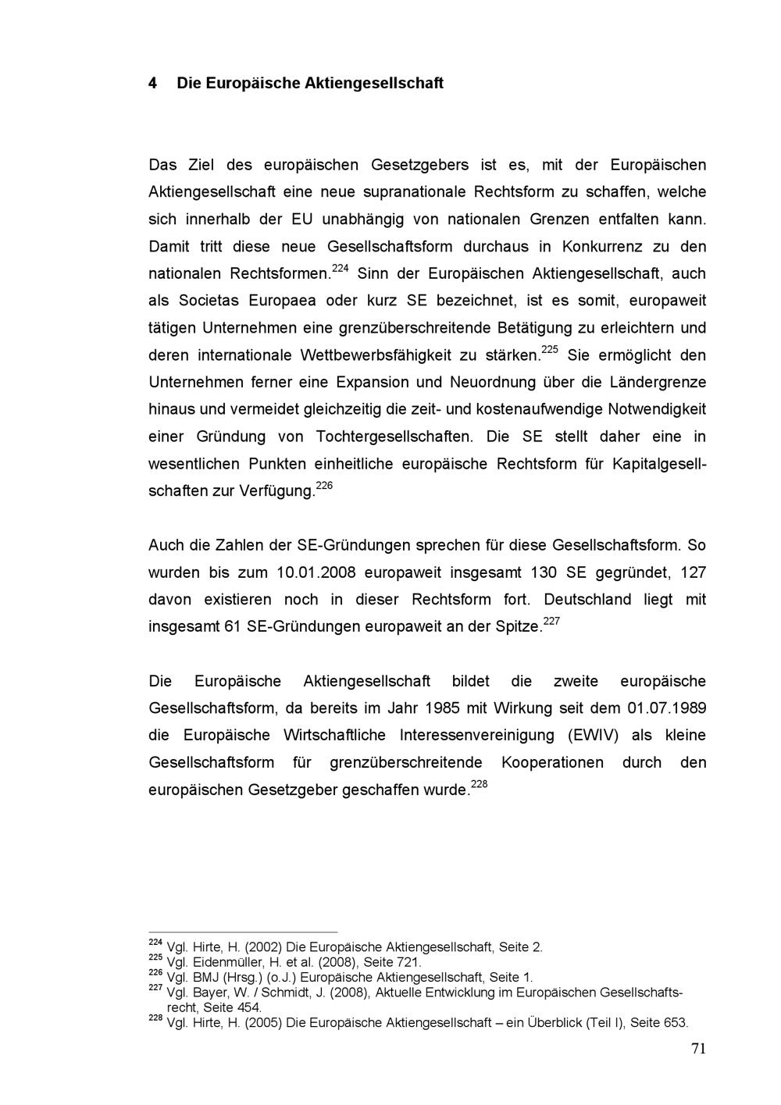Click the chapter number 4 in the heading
(154, 83)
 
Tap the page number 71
(698, 1049)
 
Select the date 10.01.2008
(316, 572)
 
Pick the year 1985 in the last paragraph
(443, 708)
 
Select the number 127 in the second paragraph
(693, 572)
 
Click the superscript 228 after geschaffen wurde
(480, 785)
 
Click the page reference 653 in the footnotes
(675, 1023)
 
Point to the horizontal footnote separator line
(243, 932)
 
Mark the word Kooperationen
(552, 763)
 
